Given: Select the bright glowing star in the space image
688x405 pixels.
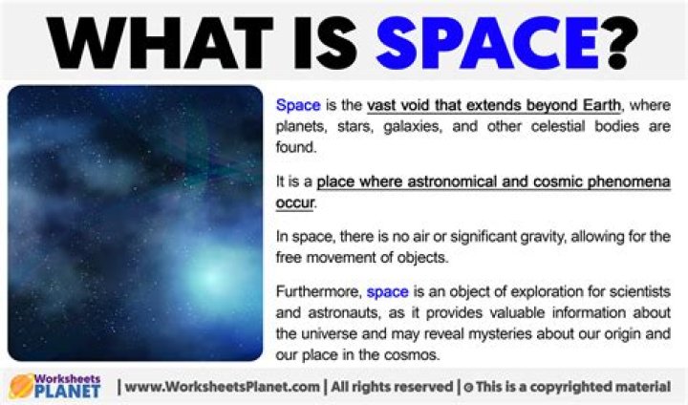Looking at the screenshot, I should (x=211, y=280).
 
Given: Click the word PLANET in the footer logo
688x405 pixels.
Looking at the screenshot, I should (x=69, y=393).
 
